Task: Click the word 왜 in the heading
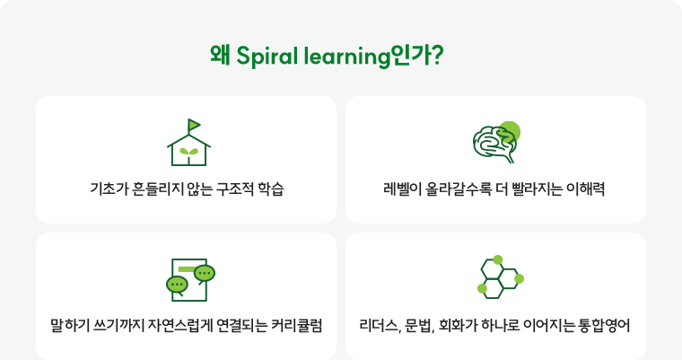pyautogui.click(x=220, y=56)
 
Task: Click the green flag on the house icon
pyautogui.click(x=195, y=125)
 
